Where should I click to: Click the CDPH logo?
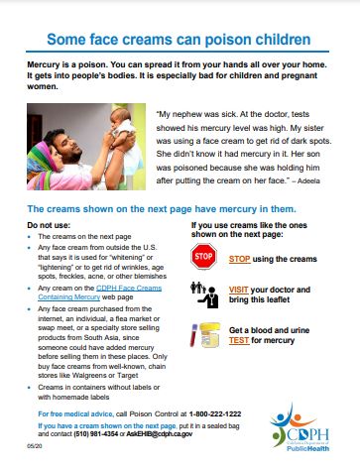point(304,423)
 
